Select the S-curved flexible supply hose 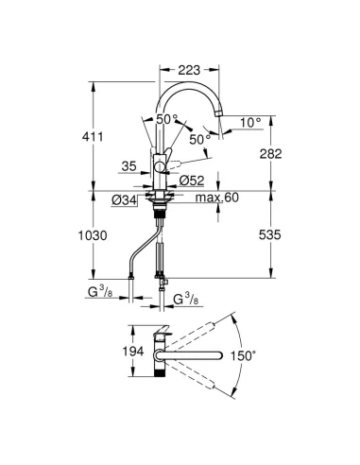(137, 248)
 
